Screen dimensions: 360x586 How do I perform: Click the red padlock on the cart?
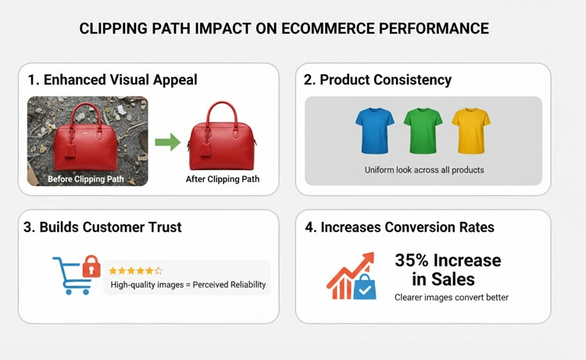click(91, 266)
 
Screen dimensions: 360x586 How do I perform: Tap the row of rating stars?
click(136, 270)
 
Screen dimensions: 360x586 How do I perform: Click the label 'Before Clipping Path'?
click(87, 179)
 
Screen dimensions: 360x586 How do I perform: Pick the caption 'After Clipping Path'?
click(223, 180)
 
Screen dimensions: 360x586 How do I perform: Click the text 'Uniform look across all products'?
click(423, 169)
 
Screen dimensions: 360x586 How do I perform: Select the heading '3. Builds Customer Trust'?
click(104, 227)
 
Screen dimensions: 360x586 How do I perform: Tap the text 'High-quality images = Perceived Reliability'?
click(188, 285)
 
